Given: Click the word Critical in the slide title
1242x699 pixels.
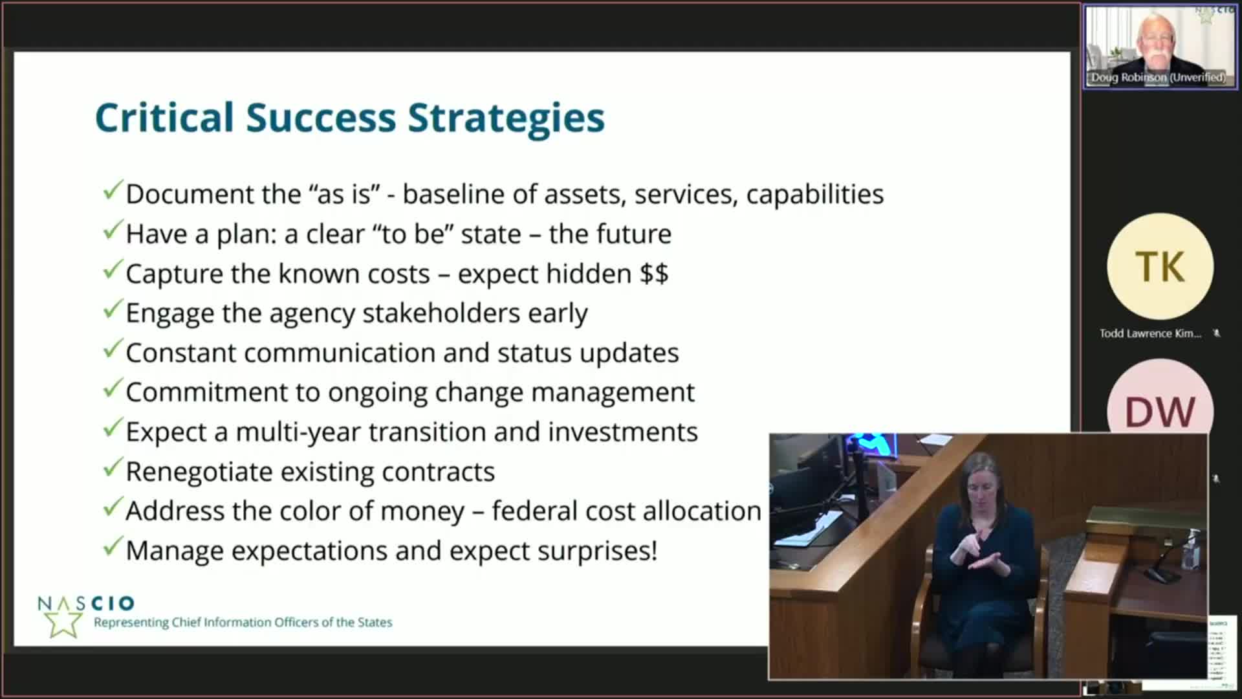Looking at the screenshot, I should pyautogui.click(x=164, y=118).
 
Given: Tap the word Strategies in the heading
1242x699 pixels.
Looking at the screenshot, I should pyautogui.click(x=507, y=118).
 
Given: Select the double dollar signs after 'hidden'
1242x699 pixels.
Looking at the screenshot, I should pyautogui.click(x=654, y=274).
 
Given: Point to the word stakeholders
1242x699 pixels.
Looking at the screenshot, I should pyautogui.click(x=441, y=313).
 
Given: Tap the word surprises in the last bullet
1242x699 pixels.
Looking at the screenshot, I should pyautogui.click(x=594, y=551).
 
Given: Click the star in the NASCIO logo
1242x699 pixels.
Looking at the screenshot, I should pyautogui.click(x=62, y=623).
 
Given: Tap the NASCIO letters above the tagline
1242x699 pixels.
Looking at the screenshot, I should pyautogui.click(x=86, y=603).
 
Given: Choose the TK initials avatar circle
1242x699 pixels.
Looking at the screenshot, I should pyautogui.click(x=1160, y=266).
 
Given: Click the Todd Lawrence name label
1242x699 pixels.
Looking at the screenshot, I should pyautogui.click(x=1149, y=333).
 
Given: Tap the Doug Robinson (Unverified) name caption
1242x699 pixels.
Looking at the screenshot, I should pyautogui.click(x=1158, y=78).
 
